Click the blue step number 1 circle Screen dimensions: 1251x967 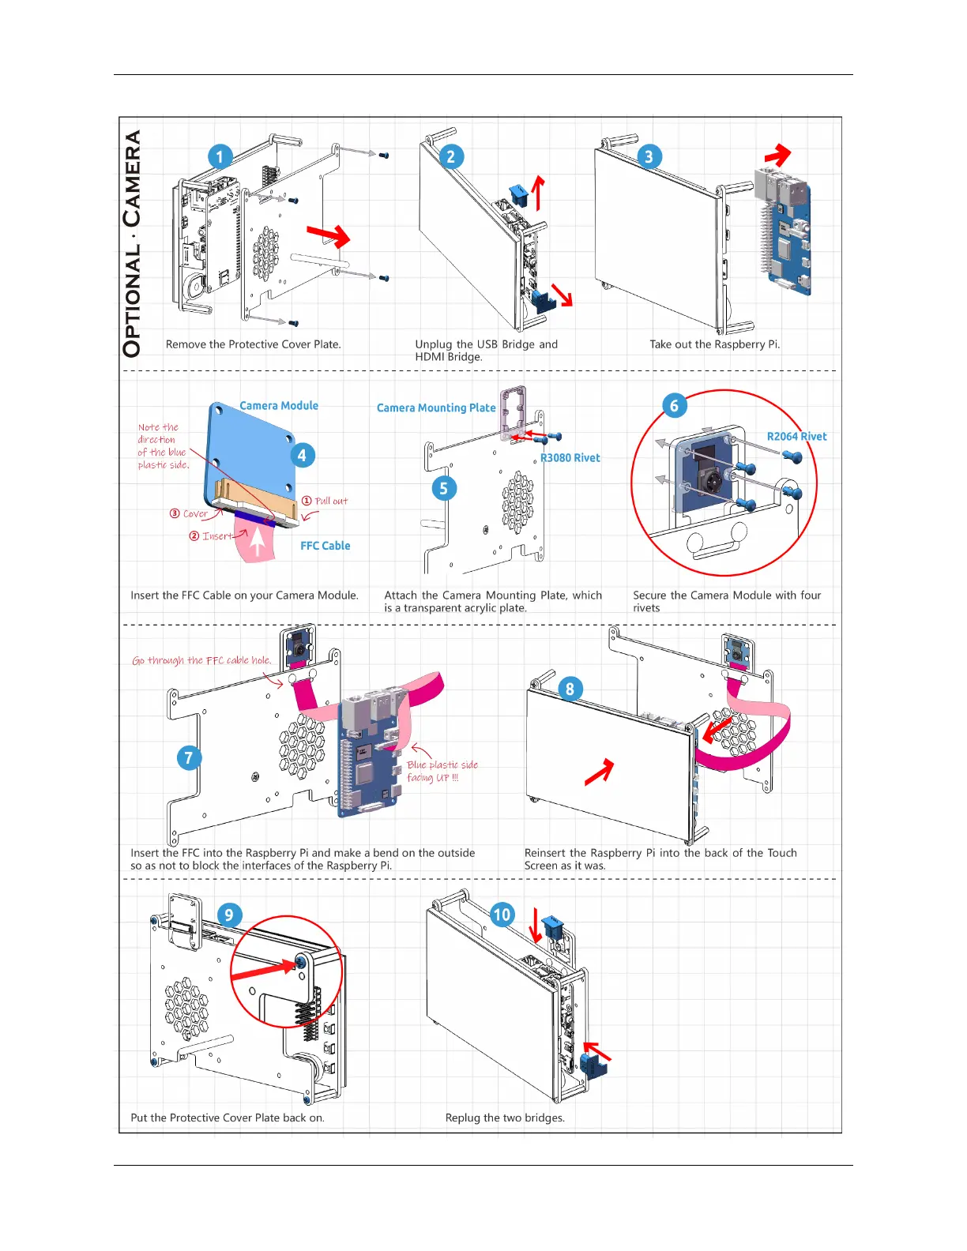tap(220, 156)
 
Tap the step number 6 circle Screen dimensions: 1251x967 tap(674, 406)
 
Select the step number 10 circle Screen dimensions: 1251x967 tap(502, 915)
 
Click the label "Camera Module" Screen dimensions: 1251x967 tap(279, 406)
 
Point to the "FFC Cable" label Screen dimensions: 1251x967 tap(325, 546)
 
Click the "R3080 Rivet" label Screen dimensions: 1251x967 tap(570, 458)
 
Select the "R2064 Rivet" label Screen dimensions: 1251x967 tap(796, 437)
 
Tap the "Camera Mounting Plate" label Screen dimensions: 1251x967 tap(436, 408)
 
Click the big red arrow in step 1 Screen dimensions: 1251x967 tap(329, 235)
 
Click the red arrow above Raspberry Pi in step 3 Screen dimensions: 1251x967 tap(778, 155)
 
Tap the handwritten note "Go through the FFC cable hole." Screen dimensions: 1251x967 tap(201, 660)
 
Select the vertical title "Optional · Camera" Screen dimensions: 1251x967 tap(133, 243)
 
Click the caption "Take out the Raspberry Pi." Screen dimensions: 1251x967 tap(714, 344)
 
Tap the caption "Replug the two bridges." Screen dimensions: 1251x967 tap(505, 1118)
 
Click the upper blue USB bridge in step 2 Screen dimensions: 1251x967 tap(519, 194)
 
